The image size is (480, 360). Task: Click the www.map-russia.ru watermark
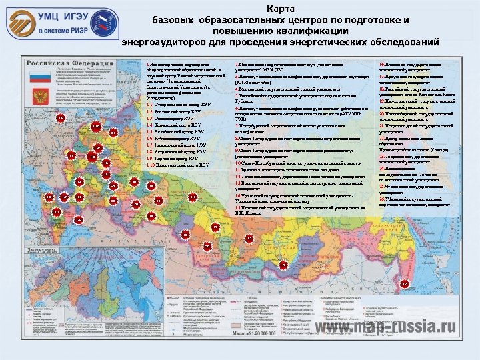tap(387, 327)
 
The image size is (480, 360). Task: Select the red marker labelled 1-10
tap(95, 127)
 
